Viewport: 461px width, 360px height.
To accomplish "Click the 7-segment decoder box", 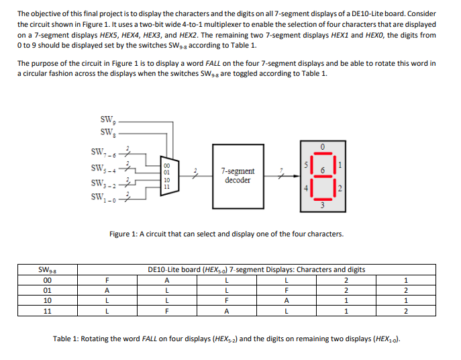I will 239,176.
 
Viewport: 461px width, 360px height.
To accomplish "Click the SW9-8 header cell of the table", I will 47,270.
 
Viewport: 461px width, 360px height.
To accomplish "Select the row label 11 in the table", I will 47,312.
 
